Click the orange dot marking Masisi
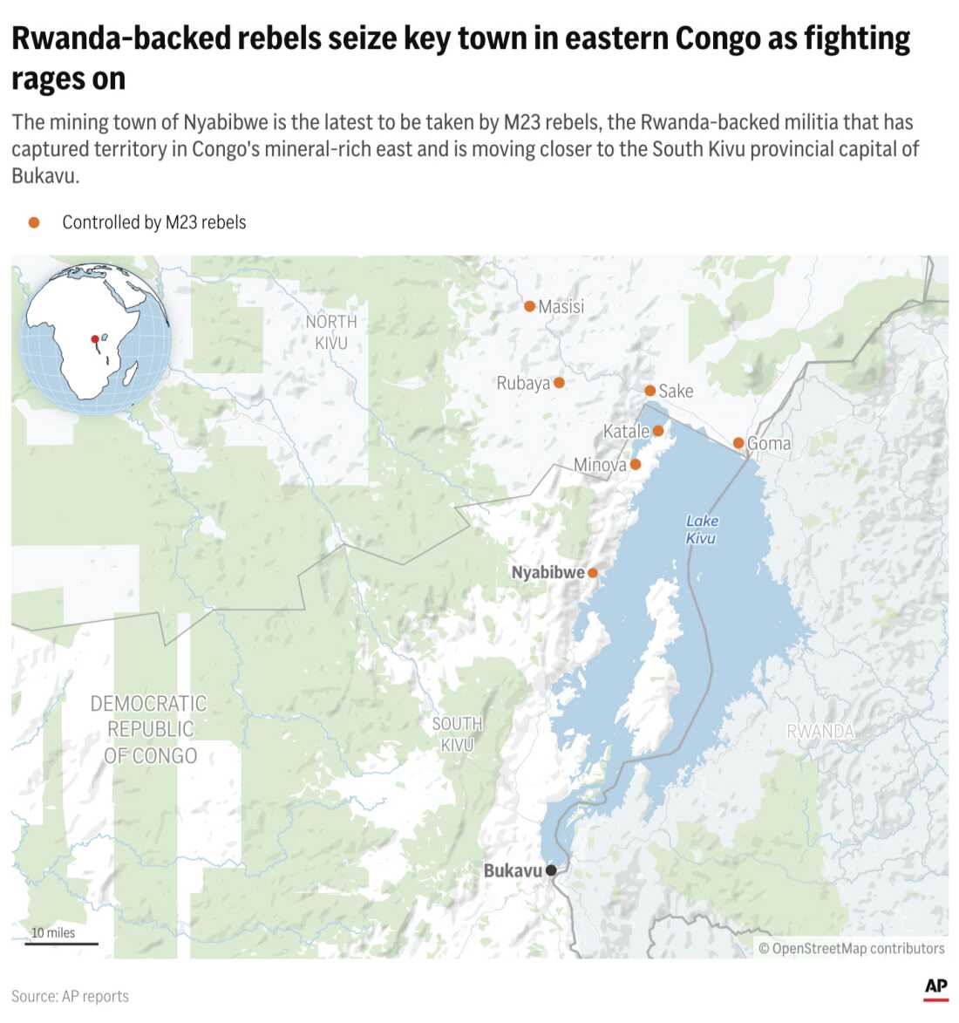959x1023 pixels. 529,306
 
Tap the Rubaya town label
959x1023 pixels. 523,383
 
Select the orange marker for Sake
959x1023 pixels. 650,391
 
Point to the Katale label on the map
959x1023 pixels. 626,431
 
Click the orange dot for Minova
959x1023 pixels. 636,464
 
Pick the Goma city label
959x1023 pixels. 769,443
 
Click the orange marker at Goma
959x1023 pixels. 738,443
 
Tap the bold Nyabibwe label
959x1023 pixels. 548,573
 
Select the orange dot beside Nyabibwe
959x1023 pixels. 593,573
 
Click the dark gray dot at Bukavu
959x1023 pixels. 551,870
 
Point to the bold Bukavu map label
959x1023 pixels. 513,870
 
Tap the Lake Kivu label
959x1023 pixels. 702,529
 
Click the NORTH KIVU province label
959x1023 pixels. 331,332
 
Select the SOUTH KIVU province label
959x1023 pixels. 457,734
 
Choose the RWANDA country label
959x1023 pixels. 820,731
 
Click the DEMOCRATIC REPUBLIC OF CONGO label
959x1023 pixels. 150,729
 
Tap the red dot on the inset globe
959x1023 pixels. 95,339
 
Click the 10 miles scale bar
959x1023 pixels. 61,943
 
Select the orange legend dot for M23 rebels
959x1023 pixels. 34,222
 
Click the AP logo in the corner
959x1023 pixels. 936,986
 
